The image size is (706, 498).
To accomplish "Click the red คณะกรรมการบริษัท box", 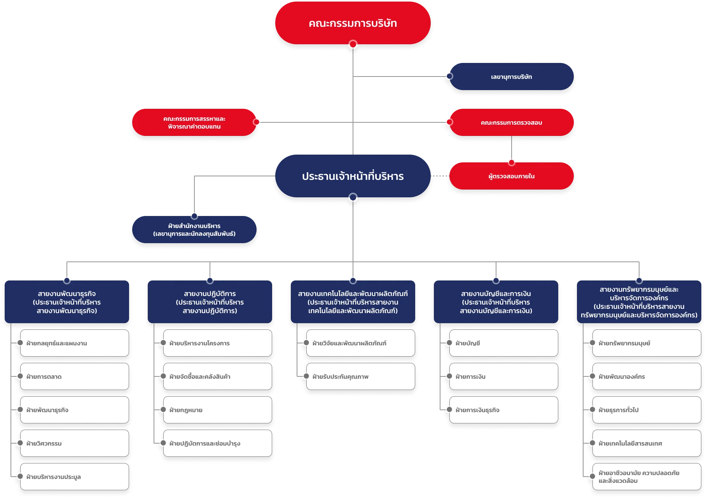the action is click(353, 23).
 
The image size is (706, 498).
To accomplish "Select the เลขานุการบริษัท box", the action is click(511, 77).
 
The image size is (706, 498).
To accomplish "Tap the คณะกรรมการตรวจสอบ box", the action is click(511, 122).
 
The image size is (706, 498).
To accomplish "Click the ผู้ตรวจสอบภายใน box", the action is click(511, 176).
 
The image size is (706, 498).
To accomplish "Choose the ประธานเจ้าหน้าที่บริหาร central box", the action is click(353, 176).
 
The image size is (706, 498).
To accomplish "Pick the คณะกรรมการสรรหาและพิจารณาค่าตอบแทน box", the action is click(194, 122).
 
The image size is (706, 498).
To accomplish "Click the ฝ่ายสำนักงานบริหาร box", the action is click(194, 230).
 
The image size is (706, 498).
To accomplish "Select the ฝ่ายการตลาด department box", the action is click(74, 376).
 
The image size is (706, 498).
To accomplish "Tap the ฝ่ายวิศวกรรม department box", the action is click(74, 443).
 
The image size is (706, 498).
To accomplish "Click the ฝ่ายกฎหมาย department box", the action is click(217, 410).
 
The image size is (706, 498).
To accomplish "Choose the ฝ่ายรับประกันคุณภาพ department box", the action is click(360, 376).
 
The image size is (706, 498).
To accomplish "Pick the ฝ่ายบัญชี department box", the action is click(503, 343).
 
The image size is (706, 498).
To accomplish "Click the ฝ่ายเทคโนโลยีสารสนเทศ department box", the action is click(647, 443).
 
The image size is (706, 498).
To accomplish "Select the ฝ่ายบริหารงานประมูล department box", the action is click(74, 477).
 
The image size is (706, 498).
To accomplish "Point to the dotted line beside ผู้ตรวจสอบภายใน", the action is click(440, 176).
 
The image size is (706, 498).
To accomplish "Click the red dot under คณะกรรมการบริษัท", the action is click(353, 44).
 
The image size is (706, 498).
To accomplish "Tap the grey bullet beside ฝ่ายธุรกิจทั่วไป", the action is click(592, 409).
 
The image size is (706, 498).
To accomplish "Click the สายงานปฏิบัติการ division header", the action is click(210, 302).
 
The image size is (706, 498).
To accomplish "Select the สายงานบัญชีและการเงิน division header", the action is click(496, 302).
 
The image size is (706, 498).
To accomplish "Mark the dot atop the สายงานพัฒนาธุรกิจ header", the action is click(67, 280).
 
